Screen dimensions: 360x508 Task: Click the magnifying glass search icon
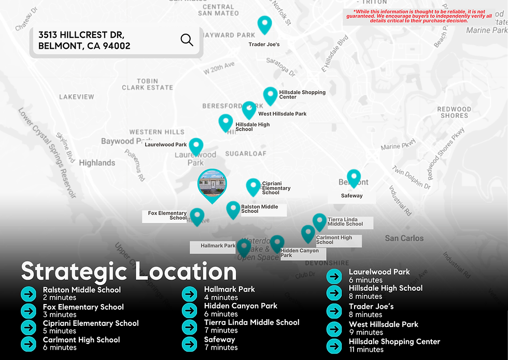point(187,39)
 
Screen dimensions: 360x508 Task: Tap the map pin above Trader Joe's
point(265,24)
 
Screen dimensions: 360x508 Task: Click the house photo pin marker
point(212,184)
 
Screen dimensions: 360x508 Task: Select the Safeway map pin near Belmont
point(354,178)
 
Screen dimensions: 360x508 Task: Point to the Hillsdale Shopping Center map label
point(302,94)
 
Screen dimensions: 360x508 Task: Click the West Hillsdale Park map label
point(282,114)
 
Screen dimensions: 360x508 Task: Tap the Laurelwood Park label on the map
point(165,145)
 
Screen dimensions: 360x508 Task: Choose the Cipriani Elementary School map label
point(276,188)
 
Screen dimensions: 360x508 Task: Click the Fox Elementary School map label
point(167,215)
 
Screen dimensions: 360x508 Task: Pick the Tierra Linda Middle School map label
point(345,222)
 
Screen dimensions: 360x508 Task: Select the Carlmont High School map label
point(334,240)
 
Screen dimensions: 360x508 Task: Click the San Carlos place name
point(404,238)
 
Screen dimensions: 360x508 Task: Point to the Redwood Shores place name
point(454,112)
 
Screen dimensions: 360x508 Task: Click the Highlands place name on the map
point(97,163)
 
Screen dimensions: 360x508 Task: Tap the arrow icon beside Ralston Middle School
point(28,294)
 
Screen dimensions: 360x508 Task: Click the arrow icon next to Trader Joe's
point(334,311)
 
